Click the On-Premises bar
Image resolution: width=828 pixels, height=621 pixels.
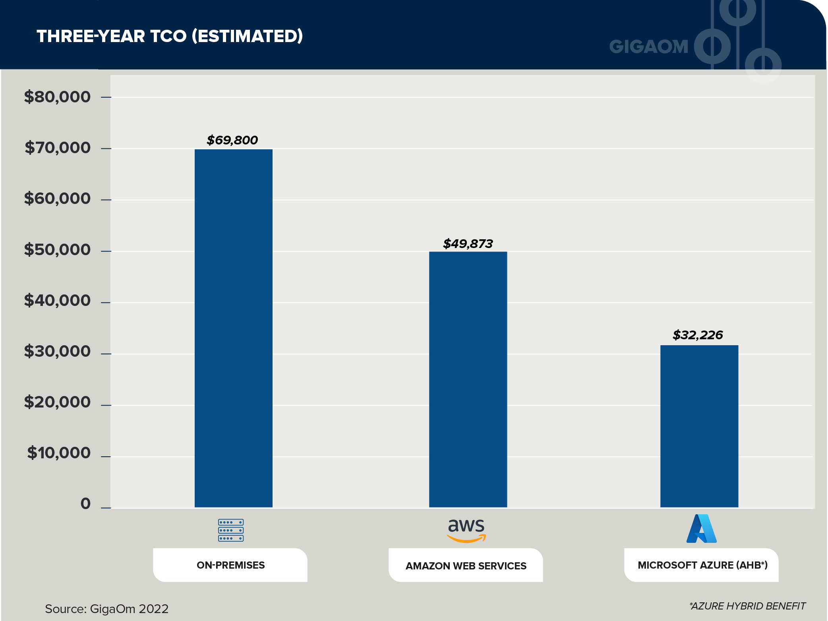[x=233, y=328]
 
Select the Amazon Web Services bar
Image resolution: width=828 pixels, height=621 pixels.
[x=468, y=379]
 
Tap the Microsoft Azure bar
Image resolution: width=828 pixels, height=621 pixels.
[x=699, y=426]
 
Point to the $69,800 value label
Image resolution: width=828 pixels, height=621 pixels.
[x=232, y=140]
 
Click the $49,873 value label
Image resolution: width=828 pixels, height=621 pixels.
[x=468, y=244]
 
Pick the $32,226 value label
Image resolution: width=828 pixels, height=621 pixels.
[x=697, y=335]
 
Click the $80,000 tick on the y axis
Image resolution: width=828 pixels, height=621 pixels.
[x=57, y=97]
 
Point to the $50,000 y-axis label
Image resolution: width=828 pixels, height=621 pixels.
[x=57, y=250]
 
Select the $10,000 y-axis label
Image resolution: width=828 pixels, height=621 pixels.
[x=59, y=453]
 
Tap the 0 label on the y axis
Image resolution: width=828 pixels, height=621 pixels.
[x=85, y=504]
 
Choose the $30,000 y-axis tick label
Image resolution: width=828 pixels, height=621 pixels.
[x=57, y=351]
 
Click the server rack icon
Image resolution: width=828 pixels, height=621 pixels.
[x=230, y=530]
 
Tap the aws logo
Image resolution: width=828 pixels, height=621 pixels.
[x=466, y=531]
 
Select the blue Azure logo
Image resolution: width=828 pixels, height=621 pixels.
[x=701, y=529]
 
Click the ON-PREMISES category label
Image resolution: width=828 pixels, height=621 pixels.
[x=230, y=565]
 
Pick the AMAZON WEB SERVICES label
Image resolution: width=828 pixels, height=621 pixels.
[x=466, y=566]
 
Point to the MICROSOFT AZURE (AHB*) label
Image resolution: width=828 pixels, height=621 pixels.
[x=702, y=565]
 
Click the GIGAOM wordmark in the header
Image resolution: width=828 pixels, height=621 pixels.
[x=648, y=46]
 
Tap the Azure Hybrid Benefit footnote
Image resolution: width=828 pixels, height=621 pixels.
[x=747, y=606]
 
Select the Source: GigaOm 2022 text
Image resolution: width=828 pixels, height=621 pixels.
[x=106, y=609]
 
